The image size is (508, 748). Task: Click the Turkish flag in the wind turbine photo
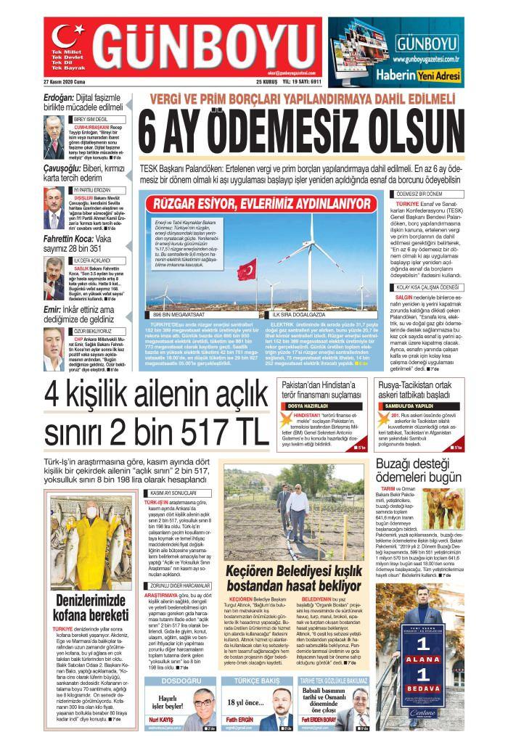click(247, 268)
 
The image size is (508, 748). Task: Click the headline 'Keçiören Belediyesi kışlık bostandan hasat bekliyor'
click(292, 579)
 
